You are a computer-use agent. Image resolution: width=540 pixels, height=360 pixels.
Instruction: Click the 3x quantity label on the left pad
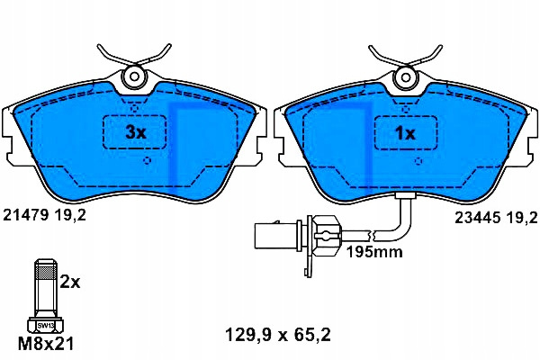pyautogui.click(x=136, y=132)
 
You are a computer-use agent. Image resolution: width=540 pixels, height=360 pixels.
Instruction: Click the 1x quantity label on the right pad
pyautogui.click(x=406, y=132)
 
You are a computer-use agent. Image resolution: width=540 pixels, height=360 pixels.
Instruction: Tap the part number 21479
pyautogui.click(x=25, y=216)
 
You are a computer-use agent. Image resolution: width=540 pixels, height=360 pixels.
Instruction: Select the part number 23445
pyautogui.click(x=477, y=218)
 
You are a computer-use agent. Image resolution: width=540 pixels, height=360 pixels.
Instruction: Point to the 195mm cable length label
pyautogui.click(x=374, y=252)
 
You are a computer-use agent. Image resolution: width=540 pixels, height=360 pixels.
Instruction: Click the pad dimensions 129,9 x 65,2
pyautogui.click(x=278, y=335)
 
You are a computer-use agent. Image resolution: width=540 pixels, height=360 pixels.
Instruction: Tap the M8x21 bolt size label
pyautogui.click(x=46, y=344)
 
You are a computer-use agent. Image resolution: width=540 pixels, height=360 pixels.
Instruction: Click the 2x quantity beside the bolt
pyautogui.click(x=70, y=282)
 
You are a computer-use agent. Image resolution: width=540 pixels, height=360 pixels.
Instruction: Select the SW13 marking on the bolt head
pyautogui.click(x=44, y=325)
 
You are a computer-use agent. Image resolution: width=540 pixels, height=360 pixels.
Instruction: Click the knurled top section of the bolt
pyautogui.click(x=45, y=272)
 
